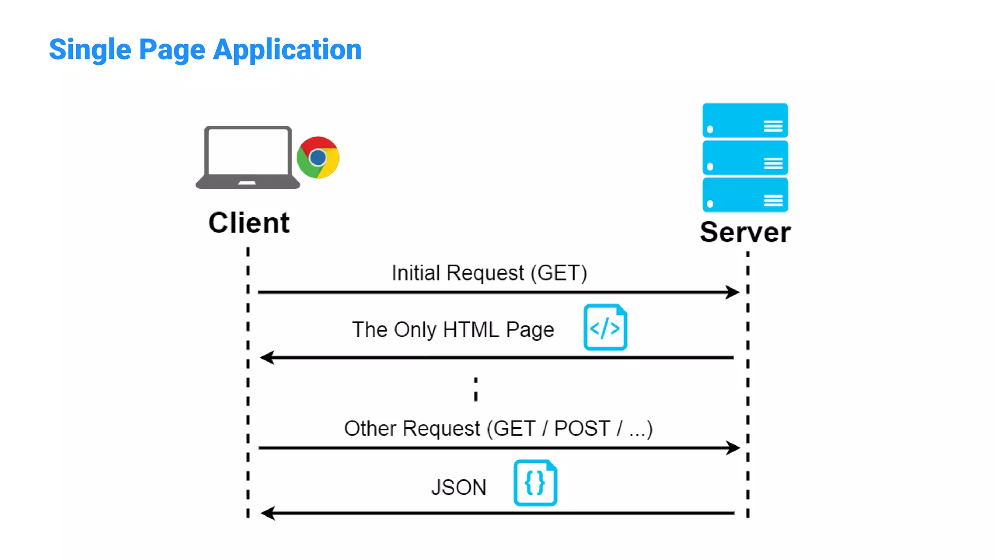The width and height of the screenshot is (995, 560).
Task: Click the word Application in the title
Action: click(287, 50)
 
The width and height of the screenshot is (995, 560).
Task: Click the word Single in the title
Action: click(90, 50)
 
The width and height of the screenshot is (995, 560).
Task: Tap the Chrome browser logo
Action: click(318, 157)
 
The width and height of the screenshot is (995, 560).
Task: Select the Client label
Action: click(249, 223)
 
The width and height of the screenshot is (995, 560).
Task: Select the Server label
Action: click(745, 232)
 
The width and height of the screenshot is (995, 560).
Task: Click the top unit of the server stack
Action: click(745, 121)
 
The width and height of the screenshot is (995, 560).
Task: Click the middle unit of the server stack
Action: click(745, 157)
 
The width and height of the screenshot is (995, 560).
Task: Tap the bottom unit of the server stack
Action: click(745, 194)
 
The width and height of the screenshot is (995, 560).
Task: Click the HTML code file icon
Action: click(605, 328)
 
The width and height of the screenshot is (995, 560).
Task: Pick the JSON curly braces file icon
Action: click(535, 483)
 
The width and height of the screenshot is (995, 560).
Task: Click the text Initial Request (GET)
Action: click(489, 273)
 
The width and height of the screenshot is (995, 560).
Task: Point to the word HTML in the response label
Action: click(471, 330)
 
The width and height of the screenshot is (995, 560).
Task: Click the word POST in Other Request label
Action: click(582, 429)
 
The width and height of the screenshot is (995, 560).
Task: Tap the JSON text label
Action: click(459, 488)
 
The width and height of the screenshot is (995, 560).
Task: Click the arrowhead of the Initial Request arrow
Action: click(733, 292)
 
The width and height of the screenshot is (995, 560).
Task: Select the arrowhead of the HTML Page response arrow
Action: click(267, 358)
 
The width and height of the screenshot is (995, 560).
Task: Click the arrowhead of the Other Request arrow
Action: click(733, 448)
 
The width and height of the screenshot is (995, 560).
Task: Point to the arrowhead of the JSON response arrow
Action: click(268, 513)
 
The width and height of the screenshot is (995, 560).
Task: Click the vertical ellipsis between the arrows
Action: click(476, 389)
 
